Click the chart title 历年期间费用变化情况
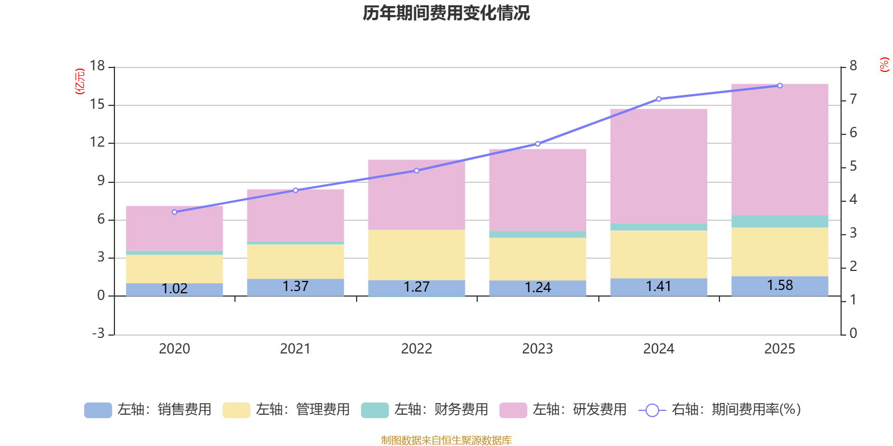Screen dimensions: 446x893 coord(446,13)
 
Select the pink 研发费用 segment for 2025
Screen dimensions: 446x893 coord(780,151)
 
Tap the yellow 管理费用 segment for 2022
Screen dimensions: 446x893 coord(416,255)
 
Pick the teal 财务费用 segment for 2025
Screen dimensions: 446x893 coord(780,221)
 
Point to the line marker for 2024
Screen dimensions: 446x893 coord(659,99)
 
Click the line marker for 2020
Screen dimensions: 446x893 coord(174,212)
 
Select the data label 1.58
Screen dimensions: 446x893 coord(780,285)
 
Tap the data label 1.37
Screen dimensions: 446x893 coord(295,287)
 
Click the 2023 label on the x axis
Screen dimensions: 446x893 coord(537,349)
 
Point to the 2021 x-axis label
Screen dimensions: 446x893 coord(295,349)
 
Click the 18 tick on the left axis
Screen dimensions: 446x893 coord(97,66)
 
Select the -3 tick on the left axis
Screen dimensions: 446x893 coord(98,333)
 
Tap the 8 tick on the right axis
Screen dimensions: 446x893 coord(853,66)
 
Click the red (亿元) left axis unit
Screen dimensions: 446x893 coord(80,81)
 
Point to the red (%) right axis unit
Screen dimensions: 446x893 coord(884,65)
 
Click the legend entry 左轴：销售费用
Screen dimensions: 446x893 coord(148,410)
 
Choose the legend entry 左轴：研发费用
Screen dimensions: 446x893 coord(563,410)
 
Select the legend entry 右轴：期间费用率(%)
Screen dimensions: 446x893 coord(720,410)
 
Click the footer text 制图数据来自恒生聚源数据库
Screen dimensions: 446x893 coord(446,440)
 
